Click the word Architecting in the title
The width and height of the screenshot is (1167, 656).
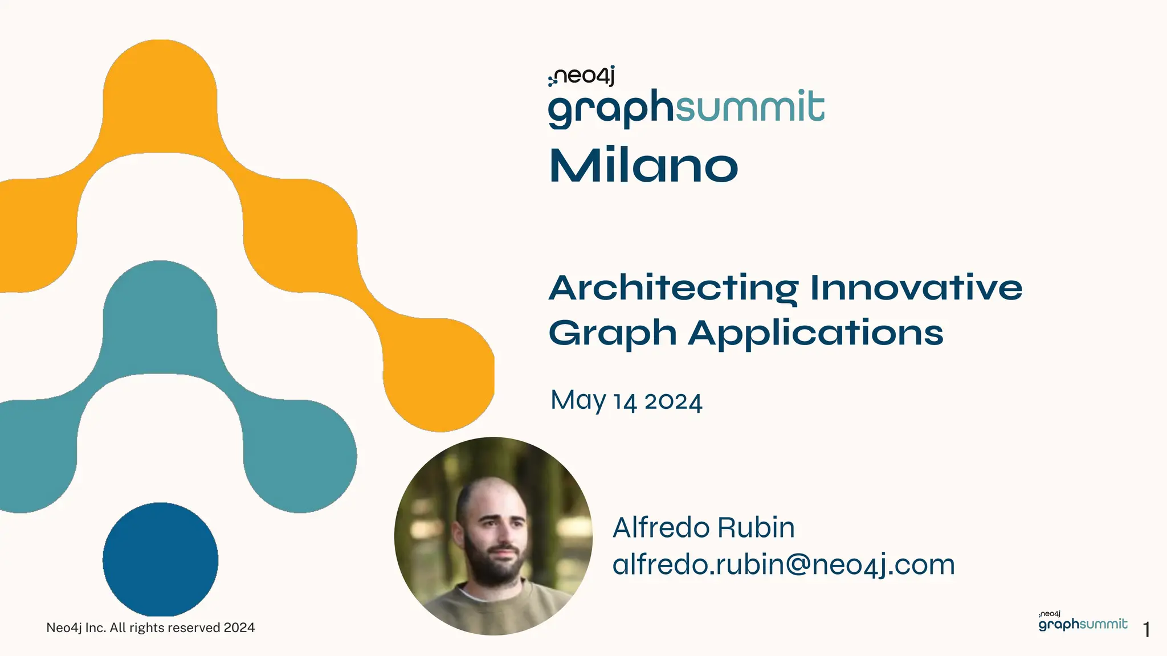[x=673, y=288]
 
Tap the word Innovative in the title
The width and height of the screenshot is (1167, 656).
[x=916, y=288]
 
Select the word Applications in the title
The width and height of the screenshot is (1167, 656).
[x=815, y=333]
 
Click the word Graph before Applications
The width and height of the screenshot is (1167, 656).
[x=612, y=334]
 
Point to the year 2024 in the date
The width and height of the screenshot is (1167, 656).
[x=673, y=402]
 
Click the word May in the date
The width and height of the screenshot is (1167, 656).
[x=578, y=401]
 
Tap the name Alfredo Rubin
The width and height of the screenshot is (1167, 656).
[x=703, y=528]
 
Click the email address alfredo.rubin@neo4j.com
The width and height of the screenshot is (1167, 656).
[x=784, y=565]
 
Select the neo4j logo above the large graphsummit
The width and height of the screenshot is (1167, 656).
[x=582, y=76]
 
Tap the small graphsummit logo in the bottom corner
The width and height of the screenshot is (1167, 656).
[x=1083, y=623]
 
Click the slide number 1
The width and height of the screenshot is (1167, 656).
[x=1146, y=630]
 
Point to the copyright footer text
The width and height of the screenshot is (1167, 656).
[x=150, y=628]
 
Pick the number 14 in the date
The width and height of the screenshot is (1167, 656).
[x=625, y=403]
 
